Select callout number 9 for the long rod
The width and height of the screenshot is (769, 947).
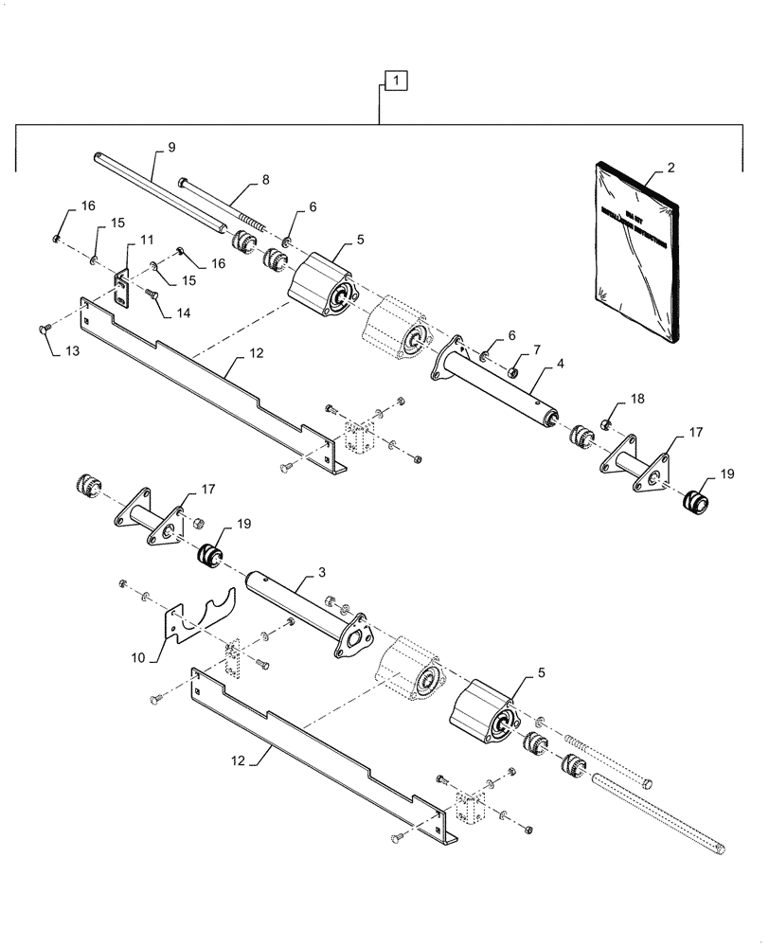[x=171, y=147]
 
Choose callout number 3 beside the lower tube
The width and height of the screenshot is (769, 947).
[x=321, y=574]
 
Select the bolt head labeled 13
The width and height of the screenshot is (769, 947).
[x=44, y=328]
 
